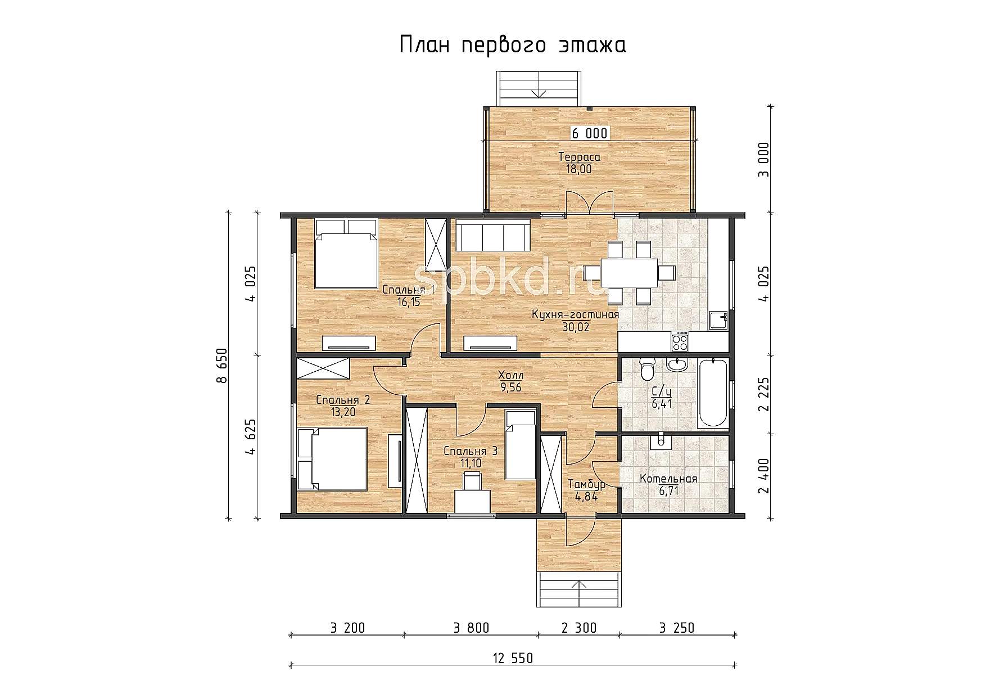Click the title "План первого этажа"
coord(513,45)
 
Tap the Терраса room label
coord(578,157)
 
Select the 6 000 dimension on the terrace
coord(590,133)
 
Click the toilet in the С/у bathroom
coord(648,370)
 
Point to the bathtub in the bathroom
coord(712,393)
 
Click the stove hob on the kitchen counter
coord(680,340)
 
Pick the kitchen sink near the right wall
coord(718,319)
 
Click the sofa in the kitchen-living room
coord(492,236)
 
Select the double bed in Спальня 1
coord(346,254)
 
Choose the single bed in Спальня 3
coord(520,445)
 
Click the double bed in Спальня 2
coord(332,459)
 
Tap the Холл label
coord(511,375)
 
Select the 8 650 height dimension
coord(223,366)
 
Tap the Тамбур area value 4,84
coord(586,497)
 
